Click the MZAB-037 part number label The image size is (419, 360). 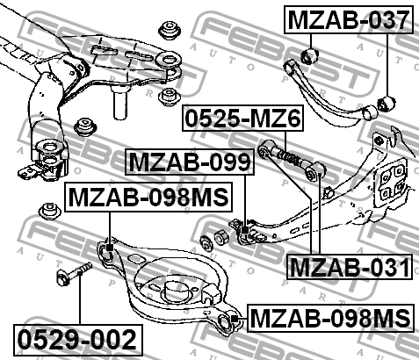pos(349,19)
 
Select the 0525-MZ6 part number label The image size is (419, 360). pos(243,118)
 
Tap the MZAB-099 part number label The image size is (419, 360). pos(190,162)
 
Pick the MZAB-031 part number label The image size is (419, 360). pos(350,267)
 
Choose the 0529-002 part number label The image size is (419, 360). pos(78,340)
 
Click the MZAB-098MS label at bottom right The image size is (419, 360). pos(330,318)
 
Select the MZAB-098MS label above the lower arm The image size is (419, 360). pos(148,197)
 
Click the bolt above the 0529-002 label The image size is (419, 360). pos(74,273)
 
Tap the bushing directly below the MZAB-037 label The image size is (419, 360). pos(310,55)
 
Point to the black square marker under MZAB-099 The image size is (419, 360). pos(245,230)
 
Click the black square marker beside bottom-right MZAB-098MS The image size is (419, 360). pos(234,319)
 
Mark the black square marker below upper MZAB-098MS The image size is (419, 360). pos(110,248)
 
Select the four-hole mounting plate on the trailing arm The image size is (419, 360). pos(390,184)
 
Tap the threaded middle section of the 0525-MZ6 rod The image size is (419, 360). pos(289,158)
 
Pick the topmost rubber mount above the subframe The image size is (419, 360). pos(170,30)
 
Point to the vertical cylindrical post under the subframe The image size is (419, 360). pos(120,102)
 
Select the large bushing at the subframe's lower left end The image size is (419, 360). pos(50,159)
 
